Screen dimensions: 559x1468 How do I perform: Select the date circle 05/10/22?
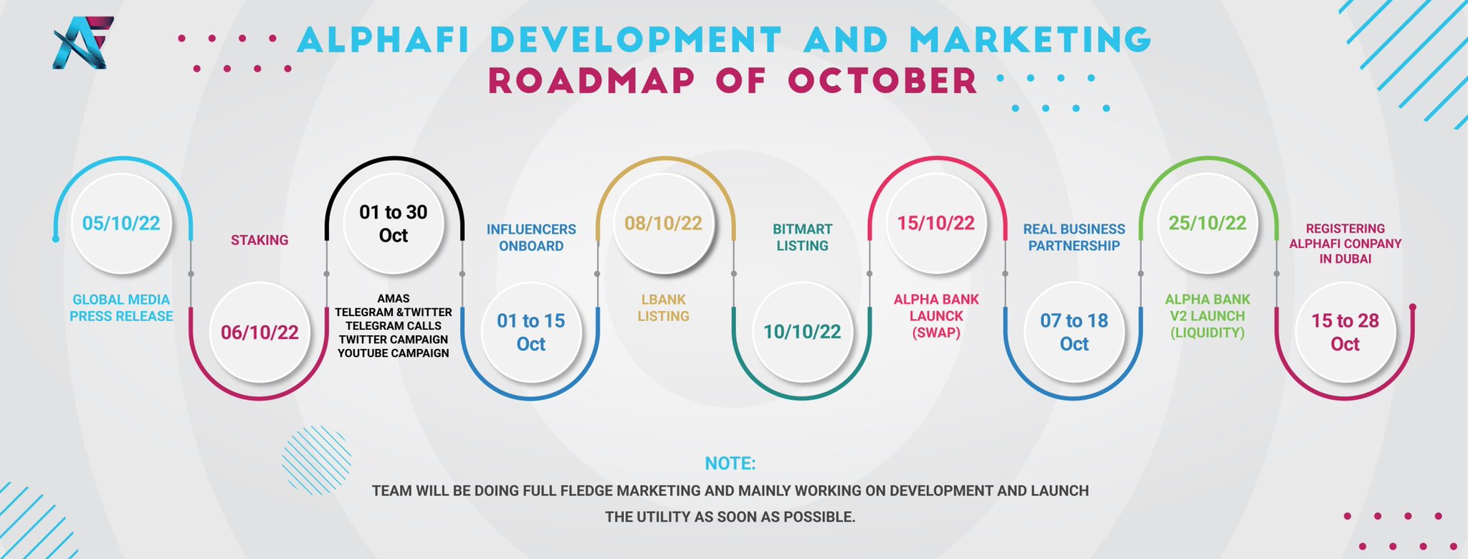(x=121, y=224)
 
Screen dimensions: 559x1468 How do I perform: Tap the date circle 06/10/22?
(x=259, y=333)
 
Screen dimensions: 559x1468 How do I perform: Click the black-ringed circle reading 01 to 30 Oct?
(x=393, y=224)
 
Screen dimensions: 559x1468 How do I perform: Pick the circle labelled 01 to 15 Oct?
(x=530, y=333)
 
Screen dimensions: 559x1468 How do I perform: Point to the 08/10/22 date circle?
(x=663, y=224)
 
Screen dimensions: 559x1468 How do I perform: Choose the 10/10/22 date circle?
(x=802, y=333)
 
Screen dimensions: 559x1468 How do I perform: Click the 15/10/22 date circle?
(x=935, y=224)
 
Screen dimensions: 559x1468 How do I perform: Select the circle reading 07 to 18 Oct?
(x=1074, y=333)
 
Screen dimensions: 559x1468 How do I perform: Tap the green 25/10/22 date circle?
(x=1207, y=224)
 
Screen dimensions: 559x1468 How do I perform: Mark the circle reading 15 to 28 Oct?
(x=1345, y=333)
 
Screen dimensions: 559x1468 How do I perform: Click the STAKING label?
(x=259, y=240)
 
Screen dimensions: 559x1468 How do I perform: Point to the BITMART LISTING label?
(x=802, y=237)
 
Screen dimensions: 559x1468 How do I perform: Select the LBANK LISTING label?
(x=663, y=307)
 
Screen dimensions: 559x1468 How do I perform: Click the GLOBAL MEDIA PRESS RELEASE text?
(x=121, y=307)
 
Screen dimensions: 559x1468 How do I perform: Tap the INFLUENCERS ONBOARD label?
(x=531, y=237)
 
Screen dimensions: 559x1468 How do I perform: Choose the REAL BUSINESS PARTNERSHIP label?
(x=1074, y=237)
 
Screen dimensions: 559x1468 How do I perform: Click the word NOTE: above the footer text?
(x=730, y=463)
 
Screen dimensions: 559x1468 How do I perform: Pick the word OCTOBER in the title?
(x=882, y=80)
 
